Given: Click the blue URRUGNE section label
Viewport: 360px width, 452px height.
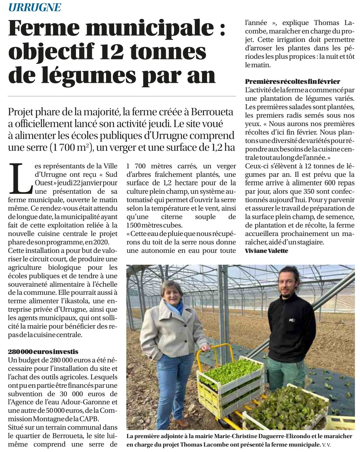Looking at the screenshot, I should click(35, 7).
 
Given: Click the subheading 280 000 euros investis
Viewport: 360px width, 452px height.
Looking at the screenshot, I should click(43, 352).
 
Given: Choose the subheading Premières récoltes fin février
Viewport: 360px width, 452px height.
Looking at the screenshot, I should click(292, 81).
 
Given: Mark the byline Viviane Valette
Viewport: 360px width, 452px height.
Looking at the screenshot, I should click(266, 251).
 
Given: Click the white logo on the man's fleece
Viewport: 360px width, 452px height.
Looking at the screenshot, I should click(291, 320).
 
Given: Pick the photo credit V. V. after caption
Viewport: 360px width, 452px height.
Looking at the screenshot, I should click(327, 445).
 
